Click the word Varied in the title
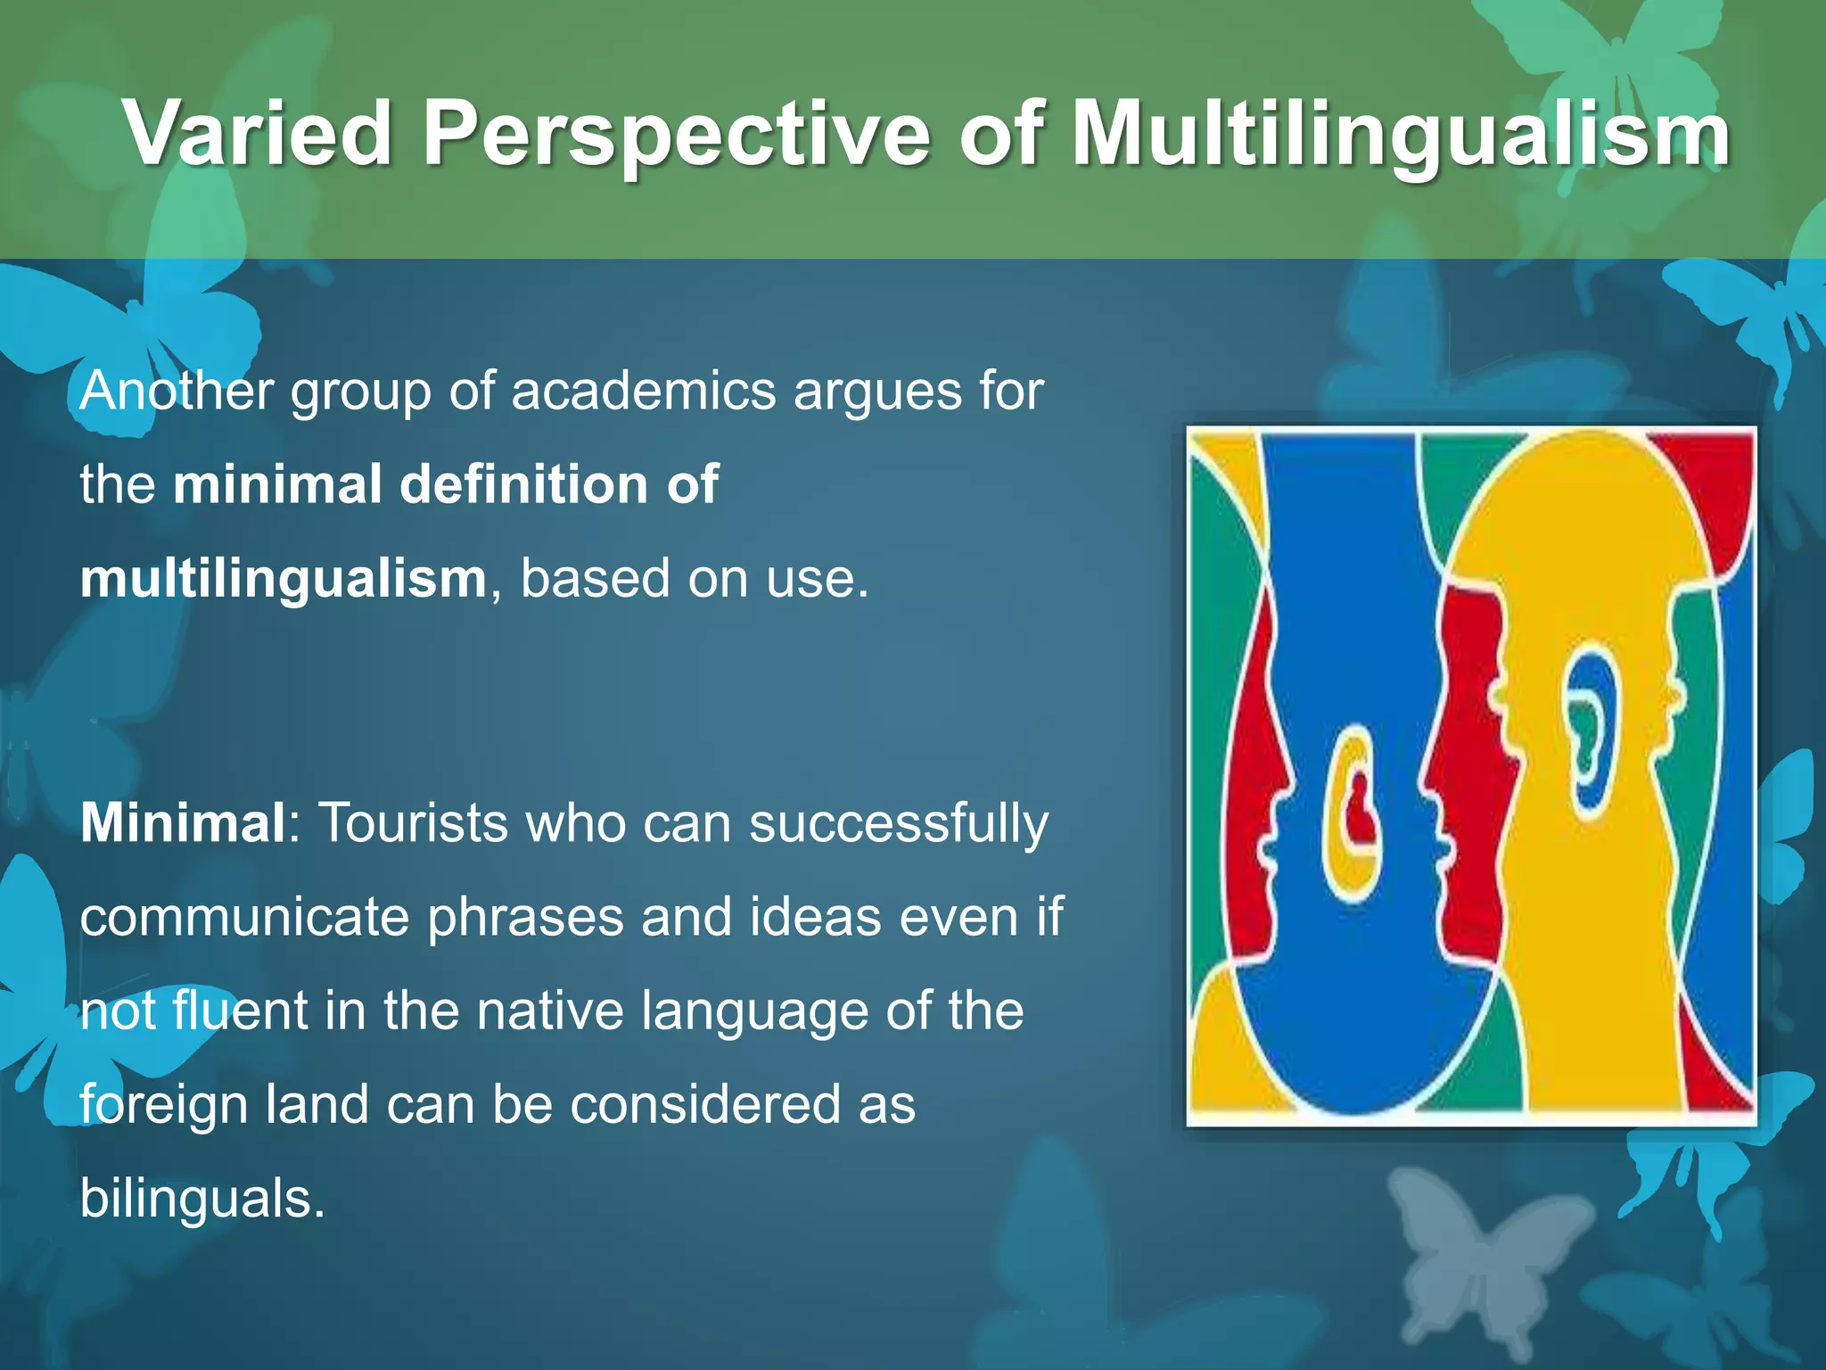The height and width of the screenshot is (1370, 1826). tap(258, 134)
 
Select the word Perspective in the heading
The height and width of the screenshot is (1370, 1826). tap(676, 134)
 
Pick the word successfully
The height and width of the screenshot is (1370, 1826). tap(899, 822)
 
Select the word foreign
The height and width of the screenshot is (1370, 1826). tap(163, 1104)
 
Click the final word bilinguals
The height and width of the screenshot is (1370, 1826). tap(202, 1198)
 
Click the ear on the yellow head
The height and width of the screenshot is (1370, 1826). tap(1589, 731)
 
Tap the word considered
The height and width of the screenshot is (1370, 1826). tap(705, 1104)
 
